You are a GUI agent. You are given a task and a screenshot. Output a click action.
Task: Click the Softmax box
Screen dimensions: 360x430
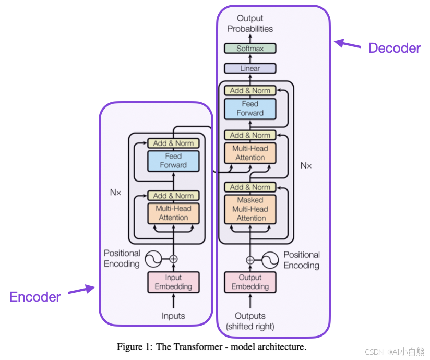point(250,49)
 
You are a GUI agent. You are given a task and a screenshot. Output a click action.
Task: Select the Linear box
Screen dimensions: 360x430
point(250,68)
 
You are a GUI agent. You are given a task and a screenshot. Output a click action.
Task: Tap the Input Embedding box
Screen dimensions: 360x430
point(173,282)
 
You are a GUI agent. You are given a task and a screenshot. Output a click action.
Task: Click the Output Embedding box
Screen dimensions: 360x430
point(250,282)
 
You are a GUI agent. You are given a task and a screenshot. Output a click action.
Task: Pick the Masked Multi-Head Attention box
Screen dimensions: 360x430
point(250,209)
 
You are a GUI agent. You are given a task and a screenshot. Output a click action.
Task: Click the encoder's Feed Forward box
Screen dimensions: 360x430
point(173,161)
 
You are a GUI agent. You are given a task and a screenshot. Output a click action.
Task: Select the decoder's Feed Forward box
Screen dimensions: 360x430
point(250,109)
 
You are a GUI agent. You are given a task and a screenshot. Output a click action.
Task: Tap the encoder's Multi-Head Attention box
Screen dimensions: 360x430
point(173,213)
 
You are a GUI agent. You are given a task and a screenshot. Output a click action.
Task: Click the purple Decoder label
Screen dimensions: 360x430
point(394,48)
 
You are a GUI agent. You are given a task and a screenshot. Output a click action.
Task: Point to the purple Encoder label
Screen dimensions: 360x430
point(35,297)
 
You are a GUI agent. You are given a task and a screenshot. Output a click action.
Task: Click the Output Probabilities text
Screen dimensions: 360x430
point(250,23)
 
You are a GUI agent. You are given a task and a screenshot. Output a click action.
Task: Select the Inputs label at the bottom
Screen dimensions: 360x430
point(173,316)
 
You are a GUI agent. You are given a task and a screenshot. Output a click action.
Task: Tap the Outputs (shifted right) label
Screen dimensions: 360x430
point(250,321)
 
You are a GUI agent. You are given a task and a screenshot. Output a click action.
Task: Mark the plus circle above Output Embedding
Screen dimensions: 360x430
point(250,260)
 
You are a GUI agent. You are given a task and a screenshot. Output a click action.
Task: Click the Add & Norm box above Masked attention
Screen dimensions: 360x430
point(250,187)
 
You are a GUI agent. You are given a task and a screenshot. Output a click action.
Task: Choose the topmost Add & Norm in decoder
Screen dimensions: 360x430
point(250,90)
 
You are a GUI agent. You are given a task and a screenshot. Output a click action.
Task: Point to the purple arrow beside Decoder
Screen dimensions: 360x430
point(348,44)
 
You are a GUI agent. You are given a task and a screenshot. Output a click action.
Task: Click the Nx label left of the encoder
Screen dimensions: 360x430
point(115,193)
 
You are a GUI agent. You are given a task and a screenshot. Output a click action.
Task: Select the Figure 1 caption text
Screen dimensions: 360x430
point(211,346)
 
